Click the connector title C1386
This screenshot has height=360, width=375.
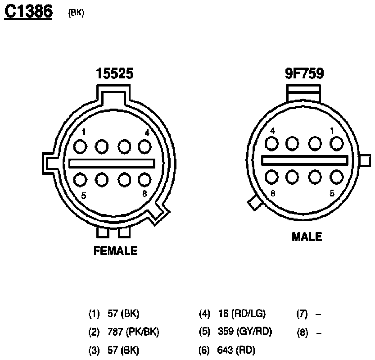(x=28, y=12)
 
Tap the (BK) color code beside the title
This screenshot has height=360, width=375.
(x=76, y=13)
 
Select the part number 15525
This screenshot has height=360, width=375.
(x=114, y=73)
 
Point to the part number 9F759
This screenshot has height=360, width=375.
(x=304, y=73)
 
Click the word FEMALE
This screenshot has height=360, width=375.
(x=116, y=251)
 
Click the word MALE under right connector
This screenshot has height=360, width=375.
(x=307, y=237)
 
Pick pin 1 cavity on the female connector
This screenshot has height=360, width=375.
(x=80, y=146)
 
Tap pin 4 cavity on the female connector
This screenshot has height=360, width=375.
(x=145, y=146)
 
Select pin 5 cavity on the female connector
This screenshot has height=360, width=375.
(x=80, y=180)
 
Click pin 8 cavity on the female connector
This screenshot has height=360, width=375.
(x=145, y=180)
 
